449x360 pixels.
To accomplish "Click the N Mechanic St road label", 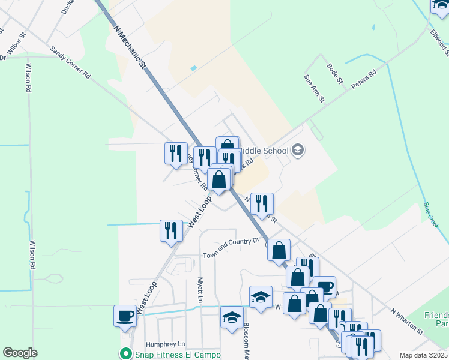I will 130,46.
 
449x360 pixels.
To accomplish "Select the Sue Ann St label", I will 314,88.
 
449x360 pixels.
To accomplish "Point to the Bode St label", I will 334,73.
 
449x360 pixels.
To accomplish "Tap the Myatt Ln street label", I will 200,290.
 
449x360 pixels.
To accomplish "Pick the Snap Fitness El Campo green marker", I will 125,353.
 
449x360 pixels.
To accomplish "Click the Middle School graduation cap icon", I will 298,151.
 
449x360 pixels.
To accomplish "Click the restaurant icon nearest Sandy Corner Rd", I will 176,152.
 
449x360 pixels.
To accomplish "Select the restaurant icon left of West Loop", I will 171,230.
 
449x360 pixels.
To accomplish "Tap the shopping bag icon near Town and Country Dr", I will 279,250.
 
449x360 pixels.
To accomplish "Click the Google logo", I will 20,353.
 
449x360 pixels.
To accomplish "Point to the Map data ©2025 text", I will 423,355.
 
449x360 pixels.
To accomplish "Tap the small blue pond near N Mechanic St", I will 193,68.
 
